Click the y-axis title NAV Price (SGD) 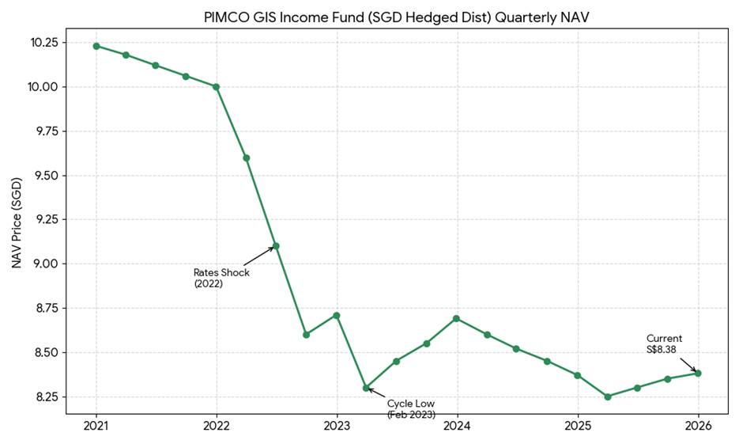click(x=17, y=223)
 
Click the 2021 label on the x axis click(x=96, y=426)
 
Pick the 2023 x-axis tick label click(x=337, y=426)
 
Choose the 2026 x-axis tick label click(x=698, y=426)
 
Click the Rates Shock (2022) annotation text click(x=221, y=278)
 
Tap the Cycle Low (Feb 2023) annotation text click(x=411, y=408)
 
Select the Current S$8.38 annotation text click(x=664, y=343)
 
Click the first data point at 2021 click(x=96, y=46)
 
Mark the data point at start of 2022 click(x=217, y=86)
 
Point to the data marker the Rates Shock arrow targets click(x=276, y=246)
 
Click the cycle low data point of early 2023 click(x=366, y=388)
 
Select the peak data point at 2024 click(x=457, y=318)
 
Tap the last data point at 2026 click(x=698, y=373)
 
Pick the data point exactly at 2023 click(x=337, y=315)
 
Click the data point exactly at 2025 click(x=578, y=375)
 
